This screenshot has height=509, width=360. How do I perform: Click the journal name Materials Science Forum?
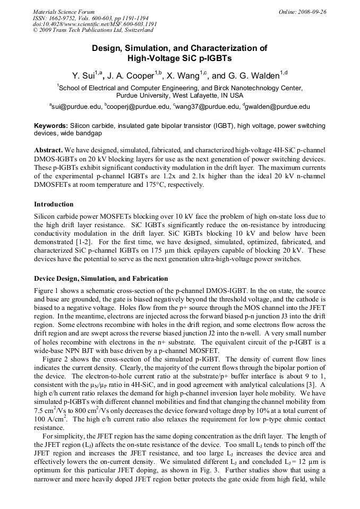click(64, 12)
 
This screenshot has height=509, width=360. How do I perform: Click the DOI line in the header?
click(95, 24)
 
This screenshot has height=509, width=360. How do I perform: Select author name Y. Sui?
click(84, 75)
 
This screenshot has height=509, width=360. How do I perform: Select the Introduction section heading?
click(54, 204)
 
